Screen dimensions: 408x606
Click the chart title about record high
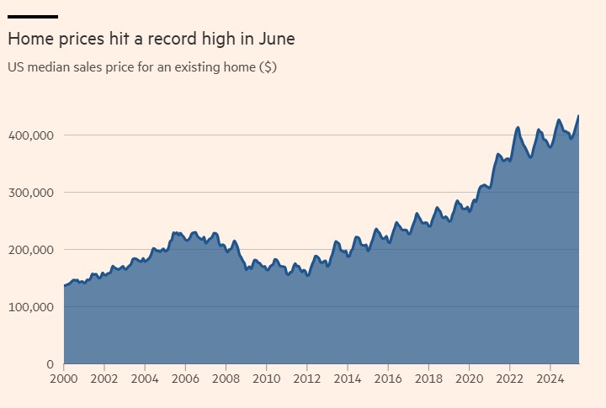pyautogui.click(x=151, y=40)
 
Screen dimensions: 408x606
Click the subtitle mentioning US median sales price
pyautogui.click(x=142, y=66)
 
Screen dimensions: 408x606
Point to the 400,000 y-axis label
pyautogui.click(x=31, y=135)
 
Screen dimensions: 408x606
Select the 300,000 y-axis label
pyautogui.click(x=31, y=193)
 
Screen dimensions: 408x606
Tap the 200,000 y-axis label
pyautogui.click(x=31, y=250)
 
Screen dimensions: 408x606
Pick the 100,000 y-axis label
pyautogui.click(x=31, y=307)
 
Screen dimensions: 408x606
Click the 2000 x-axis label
pyautogui.click(x=64, y=379)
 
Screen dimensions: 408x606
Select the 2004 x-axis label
pyautogui.click(x=145, y=379)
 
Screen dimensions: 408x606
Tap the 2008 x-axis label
pyautogui.click(x=226, y=379)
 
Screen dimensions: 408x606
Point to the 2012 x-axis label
pyautogui.click(x=306, y=379)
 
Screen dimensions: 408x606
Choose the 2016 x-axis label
pyautogui.click(x=388, y=379)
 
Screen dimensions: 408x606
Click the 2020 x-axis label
pyautogui.click(x=469, y=379)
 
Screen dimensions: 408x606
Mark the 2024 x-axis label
pyautogui.click(x=550, y=379)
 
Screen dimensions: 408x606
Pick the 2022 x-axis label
pyautogui.click(x=509, y=379)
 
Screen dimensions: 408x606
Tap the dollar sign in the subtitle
pyautogui.click(x=268, y=66)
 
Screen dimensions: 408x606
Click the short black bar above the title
pyautogui.click(x=32, y=16)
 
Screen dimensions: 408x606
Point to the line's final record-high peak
pyautogui.click(x=577, y=116)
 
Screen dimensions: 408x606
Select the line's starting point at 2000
pyautogui.click(x=65, y=286)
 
